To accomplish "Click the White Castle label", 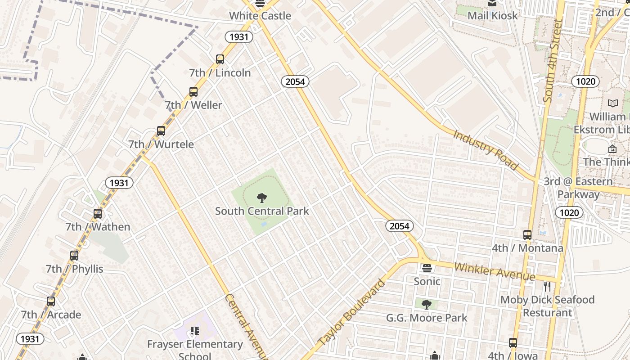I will click(x=260, y=16).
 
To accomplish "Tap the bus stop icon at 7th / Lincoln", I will click(x=220, y=59).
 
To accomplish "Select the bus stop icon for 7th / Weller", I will click(x=193, y=92).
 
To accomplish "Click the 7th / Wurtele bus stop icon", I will click(x=161, y=131).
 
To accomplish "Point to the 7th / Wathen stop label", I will click(x=98, y=227).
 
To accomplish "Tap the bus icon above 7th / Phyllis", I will click(x=74, y=256).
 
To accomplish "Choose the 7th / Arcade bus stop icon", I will click(x=51, y=301).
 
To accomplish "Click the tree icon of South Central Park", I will click(x=261, y=198).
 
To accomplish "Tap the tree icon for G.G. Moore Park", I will click(x=427, y=305).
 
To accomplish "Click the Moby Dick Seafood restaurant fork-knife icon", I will click(x=547, y=287).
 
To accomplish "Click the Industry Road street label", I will click(x=486, y=150).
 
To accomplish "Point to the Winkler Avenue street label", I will click(x=494, y=271).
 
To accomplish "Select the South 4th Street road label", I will click(x=553, y=60).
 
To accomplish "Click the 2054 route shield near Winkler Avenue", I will click(x=399, y=226).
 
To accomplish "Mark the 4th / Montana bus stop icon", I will click(x=527, y=235).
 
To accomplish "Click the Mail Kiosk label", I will click(x=493, y=15).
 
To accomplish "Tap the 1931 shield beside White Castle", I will click(x=238, y=37).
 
